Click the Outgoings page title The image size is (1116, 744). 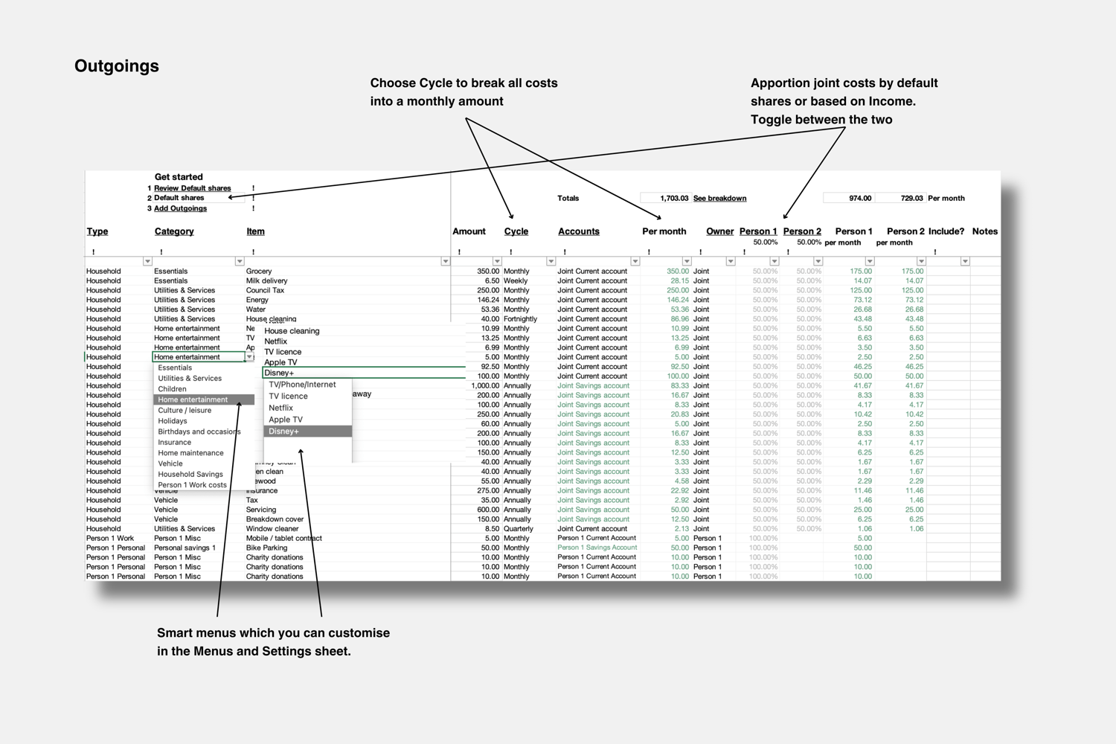click(x=117, y=66)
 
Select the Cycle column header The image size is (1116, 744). click(x=516, y=231)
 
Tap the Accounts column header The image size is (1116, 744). click(x=578, y=231)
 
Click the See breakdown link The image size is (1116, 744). click(x=719, y=199)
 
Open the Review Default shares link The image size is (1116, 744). click(x=192, y=188)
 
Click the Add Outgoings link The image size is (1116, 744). click(x=180, y=208)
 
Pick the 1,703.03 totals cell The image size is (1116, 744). click(x=674, y=199)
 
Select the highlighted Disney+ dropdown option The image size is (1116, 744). click(x=307, y=432)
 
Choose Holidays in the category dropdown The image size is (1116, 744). click(x=173, y=421)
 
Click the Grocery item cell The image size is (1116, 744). click(x=259, y=272)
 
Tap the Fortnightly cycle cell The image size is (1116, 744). click(x=520, y=319)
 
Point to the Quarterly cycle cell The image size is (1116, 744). click(x=519, y=529)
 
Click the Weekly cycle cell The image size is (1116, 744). click(x=515, y=281)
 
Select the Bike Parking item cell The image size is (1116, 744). click(x=266, y=548)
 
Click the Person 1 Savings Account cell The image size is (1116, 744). click(x=597, y=548)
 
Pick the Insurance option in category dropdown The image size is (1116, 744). click(x=175, y=443)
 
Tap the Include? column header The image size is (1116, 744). click(x=946, y=231)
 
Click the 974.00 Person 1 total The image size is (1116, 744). click(x=859, y=199)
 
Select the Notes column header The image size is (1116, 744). click(x=984, y=231)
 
